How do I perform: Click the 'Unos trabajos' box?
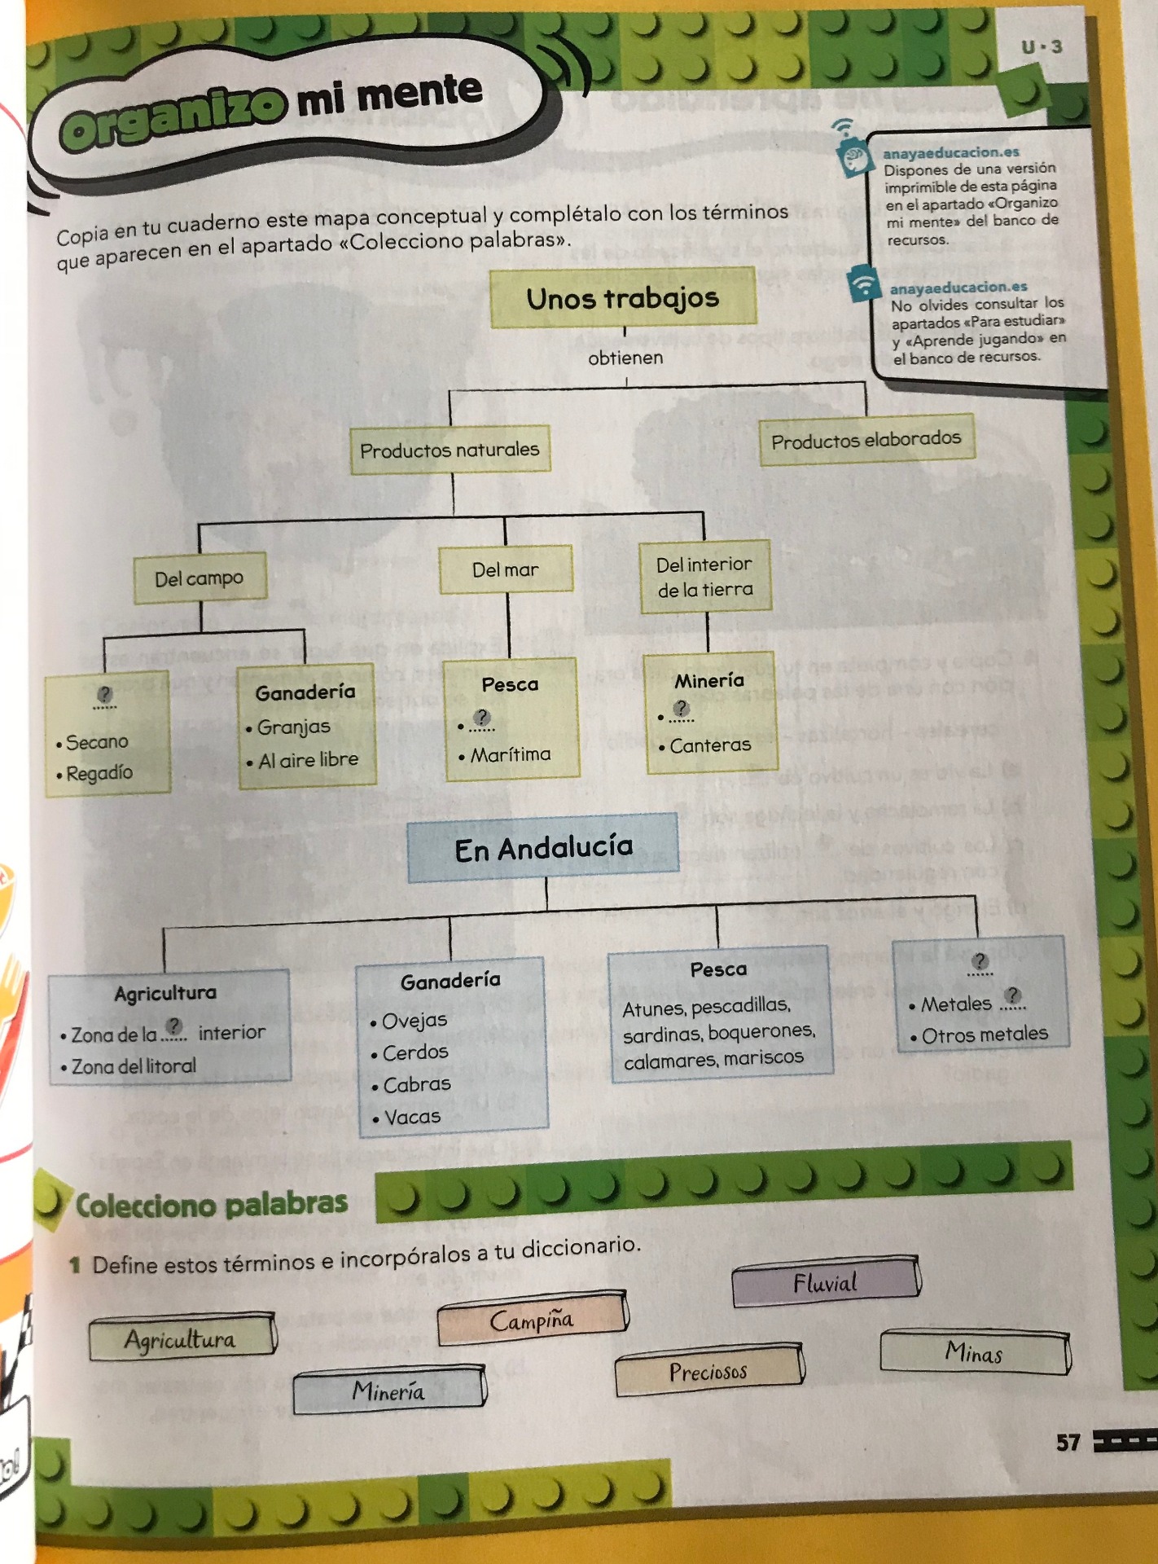click(623, 298)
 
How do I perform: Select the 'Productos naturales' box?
click(450, 449)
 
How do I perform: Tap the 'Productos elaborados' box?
click(866, 441)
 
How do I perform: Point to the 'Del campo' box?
click(199, 578)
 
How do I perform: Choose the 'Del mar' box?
click(505, 569)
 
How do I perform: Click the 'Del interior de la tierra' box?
click(704, 576)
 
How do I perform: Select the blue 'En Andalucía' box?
click(543, 849)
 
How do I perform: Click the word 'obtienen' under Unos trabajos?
click(625, 358)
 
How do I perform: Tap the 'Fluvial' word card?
click(825, 1283)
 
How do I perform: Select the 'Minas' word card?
click(973, 1352)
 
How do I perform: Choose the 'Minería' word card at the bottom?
click(388, 1390)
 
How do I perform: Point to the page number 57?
click(1068, 1443)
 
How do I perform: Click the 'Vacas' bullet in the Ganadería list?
click(412, 1116)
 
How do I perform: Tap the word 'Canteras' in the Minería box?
click(710, 745)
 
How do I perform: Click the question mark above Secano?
click(104, 695)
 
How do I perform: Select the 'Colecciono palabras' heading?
click(211, 1204)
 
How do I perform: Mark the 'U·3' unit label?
click(1042, 47)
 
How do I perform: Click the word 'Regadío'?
click(99, 772)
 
